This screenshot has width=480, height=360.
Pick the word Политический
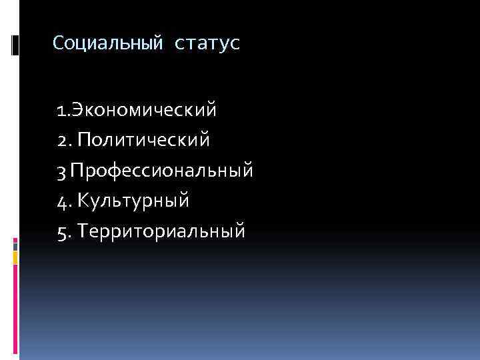(144, 139)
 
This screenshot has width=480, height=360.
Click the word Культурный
(134, 200)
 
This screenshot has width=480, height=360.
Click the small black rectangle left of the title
(15, 45)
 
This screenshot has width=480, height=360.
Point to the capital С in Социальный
(58, 44)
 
